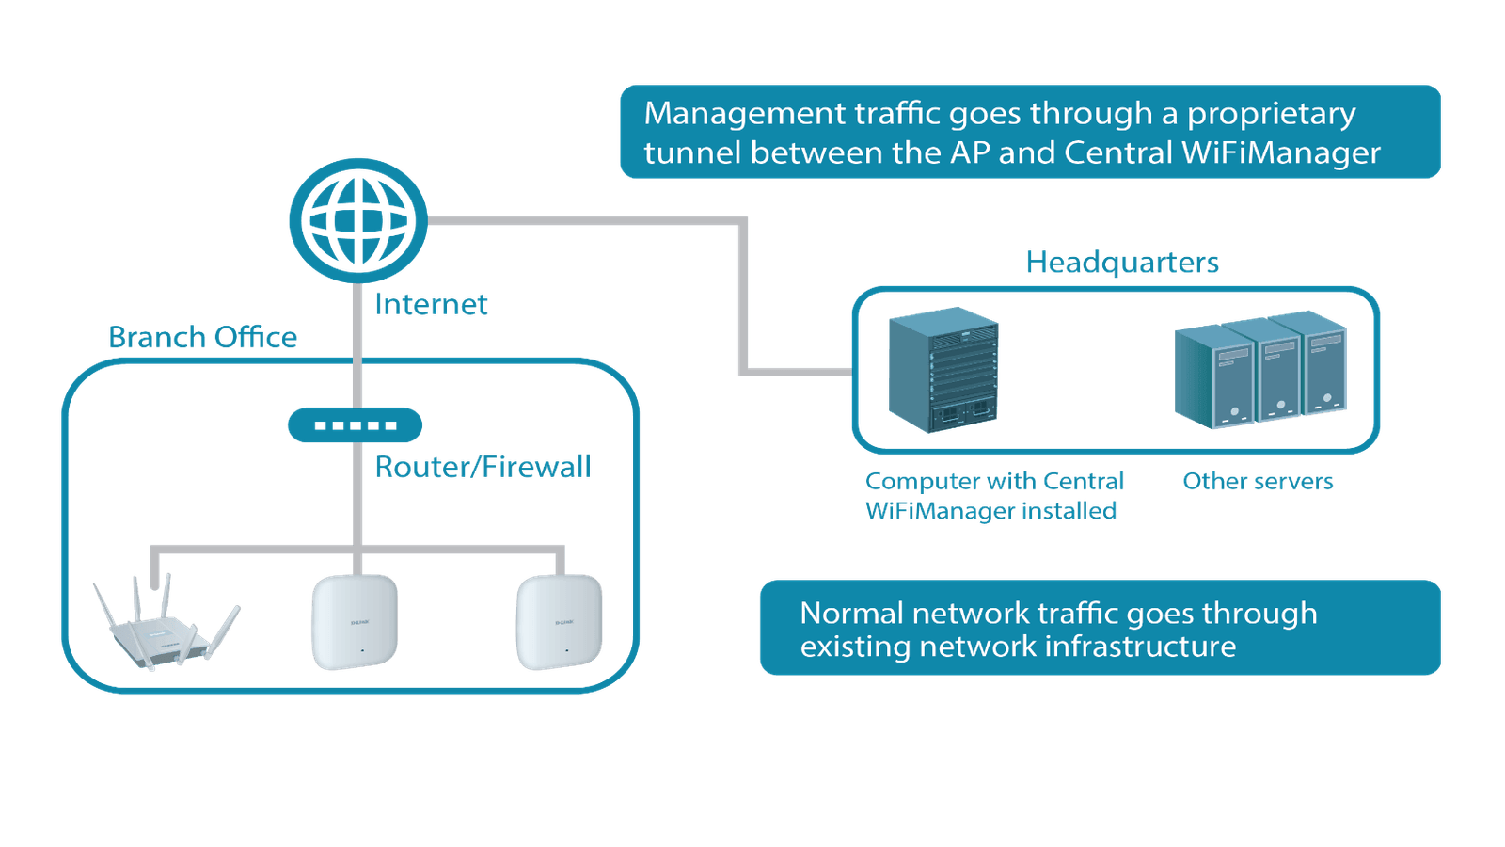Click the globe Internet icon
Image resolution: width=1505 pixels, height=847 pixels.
pos(357,219)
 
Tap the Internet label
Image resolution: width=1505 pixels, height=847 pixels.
pos(432,304)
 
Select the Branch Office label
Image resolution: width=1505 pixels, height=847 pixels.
pos(203,337)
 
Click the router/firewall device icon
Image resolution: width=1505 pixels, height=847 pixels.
pos(355,425)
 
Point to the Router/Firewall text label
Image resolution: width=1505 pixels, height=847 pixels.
pos(483,467)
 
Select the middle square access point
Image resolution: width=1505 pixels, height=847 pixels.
pos(355,622)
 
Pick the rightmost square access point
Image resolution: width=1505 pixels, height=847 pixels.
pos(560,622)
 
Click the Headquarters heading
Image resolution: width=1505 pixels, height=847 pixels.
pos(1121,262)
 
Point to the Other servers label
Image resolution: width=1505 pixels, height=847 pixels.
pos(1258,482)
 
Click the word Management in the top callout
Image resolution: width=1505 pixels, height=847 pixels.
pos(745,114)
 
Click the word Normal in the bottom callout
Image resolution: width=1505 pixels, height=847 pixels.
pos(851,614)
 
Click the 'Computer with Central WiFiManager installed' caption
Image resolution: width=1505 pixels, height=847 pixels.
pos(993,496)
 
